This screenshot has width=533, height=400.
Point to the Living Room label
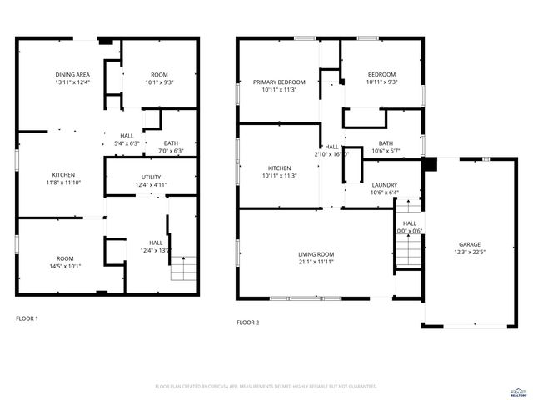(x=316, y=254)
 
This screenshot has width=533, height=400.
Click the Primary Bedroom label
(x=280, y=82)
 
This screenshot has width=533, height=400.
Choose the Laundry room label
(x=385, y=184)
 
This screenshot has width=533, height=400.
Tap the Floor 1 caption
(x=27, y=318)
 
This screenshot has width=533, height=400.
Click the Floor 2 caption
(x=248, y=322)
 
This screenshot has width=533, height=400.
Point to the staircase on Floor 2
(x=406, y=247)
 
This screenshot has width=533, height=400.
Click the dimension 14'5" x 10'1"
(x=65, y=267)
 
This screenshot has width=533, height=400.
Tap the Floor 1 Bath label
(x=171, y=142)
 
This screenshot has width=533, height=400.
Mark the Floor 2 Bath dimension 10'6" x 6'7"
(x=386, y=151)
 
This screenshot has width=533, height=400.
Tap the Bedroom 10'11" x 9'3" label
(x=382, y=82)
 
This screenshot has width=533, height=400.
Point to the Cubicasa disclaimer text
(x=266, y=387)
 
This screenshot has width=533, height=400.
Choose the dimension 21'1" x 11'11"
(x=316, y=262)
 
